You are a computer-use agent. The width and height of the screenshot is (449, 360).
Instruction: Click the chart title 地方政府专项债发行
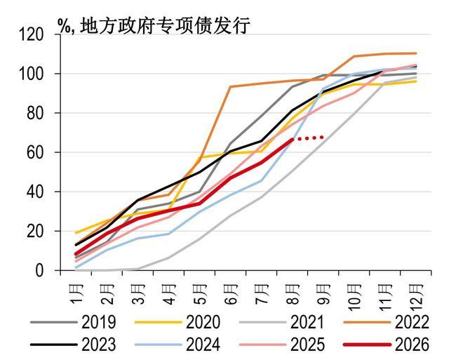(x=165, y=26)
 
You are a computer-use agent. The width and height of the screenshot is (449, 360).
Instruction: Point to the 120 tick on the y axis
(x=31, y=34)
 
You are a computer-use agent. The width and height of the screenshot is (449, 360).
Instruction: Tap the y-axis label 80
(x=35, y=113)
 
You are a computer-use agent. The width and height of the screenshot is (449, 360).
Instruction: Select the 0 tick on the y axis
(x=39, y=270)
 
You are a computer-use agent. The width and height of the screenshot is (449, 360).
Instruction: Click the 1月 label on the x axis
(x=76, y=293)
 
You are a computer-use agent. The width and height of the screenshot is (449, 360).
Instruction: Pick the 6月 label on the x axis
(x=232, y=293)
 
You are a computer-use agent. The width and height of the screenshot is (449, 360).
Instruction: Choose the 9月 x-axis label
(x=324, y=293)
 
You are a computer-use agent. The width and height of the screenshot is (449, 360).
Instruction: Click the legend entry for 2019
(x=73, y=322)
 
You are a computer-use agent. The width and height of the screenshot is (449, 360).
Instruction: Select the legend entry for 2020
(x=177, y=322)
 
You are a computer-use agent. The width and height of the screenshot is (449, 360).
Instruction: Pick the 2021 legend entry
(x=282, y=322)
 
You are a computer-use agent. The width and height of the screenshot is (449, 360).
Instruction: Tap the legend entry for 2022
(x=387, y=322)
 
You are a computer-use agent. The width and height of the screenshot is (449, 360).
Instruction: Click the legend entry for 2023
(x=73, y=345)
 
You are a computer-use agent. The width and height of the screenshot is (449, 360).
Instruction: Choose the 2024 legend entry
(x=177, y=345)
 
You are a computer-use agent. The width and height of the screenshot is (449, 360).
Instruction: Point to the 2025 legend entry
(x=282, y=345)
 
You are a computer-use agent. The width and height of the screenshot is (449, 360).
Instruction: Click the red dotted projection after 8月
(x=310, y=138)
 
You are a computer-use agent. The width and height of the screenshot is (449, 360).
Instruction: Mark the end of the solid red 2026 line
(x=293, y=140)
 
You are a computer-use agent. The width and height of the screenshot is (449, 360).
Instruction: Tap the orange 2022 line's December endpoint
(x=415, y=53)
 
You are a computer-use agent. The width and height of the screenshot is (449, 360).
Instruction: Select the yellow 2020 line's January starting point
(x=76, y=233)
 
